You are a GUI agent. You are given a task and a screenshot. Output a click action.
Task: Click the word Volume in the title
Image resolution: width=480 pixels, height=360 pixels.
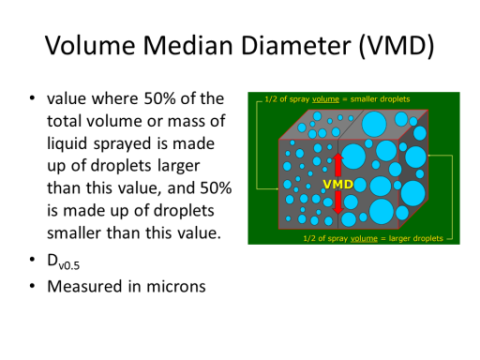90,46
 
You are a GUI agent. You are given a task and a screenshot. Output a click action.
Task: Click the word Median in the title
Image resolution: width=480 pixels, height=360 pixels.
187,46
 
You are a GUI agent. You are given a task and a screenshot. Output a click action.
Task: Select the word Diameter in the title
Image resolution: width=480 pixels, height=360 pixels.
296,46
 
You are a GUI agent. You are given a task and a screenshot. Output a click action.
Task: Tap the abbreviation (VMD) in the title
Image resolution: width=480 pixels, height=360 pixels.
397,46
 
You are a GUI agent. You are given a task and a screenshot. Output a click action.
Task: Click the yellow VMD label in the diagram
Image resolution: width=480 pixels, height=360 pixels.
337,185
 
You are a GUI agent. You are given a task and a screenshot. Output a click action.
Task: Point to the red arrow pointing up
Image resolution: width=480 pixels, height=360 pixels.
337,165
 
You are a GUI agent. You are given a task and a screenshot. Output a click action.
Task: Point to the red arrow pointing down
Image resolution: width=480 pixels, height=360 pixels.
337,202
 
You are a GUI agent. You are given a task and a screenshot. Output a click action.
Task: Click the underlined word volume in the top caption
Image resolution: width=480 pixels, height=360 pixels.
325,99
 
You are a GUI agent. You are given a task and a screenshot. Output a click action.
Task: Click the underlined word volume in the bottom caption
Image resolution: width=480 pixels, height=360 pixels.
364,239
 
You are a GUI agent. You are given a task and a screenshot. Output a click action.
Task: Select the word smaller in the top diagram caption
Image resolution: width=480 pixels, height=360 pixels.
363,99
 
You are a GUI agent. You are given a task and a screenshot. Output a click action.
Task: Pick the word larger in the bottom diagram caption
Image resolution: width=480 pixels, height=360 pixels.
398,239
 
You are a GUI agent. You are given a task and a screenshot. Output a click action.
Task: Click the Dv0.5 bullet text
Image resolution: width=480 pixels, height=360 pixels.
63,262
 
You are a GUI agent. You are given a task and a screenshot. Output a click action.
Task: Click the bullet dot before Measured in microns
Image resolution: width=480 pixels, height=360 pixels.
32,286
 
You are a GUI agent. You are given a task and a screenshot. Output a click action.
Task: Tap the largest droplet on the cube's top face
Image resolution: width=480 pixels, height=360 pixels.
374,124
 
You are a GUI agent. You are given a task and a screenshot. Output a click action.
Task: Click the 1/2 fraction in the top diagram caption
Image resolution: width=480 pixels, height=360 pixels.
271,99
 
